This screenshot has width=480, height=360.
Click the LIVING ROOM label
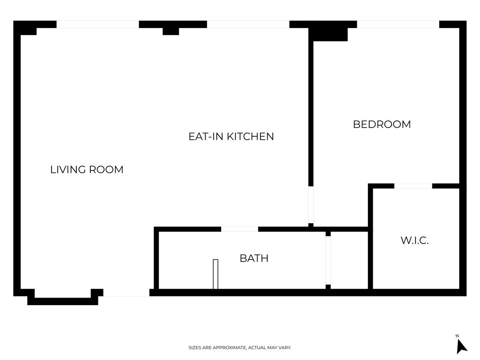(x=87, y=170)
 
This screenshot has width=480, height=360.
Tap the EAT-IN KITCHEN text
(x=231, y=136)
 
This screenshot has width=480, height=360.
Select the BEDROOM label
(x=382, y=124)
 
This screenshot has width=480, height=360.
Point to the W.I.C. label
(x=415, y=240)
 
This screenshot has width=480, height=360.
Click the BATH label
(x=254, y=258)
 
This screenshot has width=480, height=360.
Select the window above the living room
(x=98, y=24)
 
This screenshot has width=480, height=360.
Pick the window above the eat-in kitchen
(x=248, y=24)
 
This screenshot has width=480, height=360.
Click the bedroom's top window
(x=398, y=24)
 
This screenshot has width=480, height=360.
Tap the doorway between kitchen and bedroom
(x=311, y=205)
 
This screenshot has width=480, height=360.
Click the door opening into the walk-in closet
(x=413, y=186)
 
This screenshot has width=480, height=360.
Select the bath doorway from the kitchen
(x=240, y=229)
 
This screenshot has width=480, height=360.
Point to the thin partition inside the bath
(x=216, y=274)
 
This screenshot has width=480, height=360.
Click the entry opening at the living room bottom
(x=126, y=293)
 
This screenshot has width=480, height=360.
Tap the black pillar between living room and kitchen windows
(x=171, y=31)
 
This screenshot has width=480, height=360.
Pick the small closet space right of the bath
(x=349, y=260)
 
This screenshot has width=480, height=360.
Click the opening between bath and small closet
(x=328, y=260)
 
